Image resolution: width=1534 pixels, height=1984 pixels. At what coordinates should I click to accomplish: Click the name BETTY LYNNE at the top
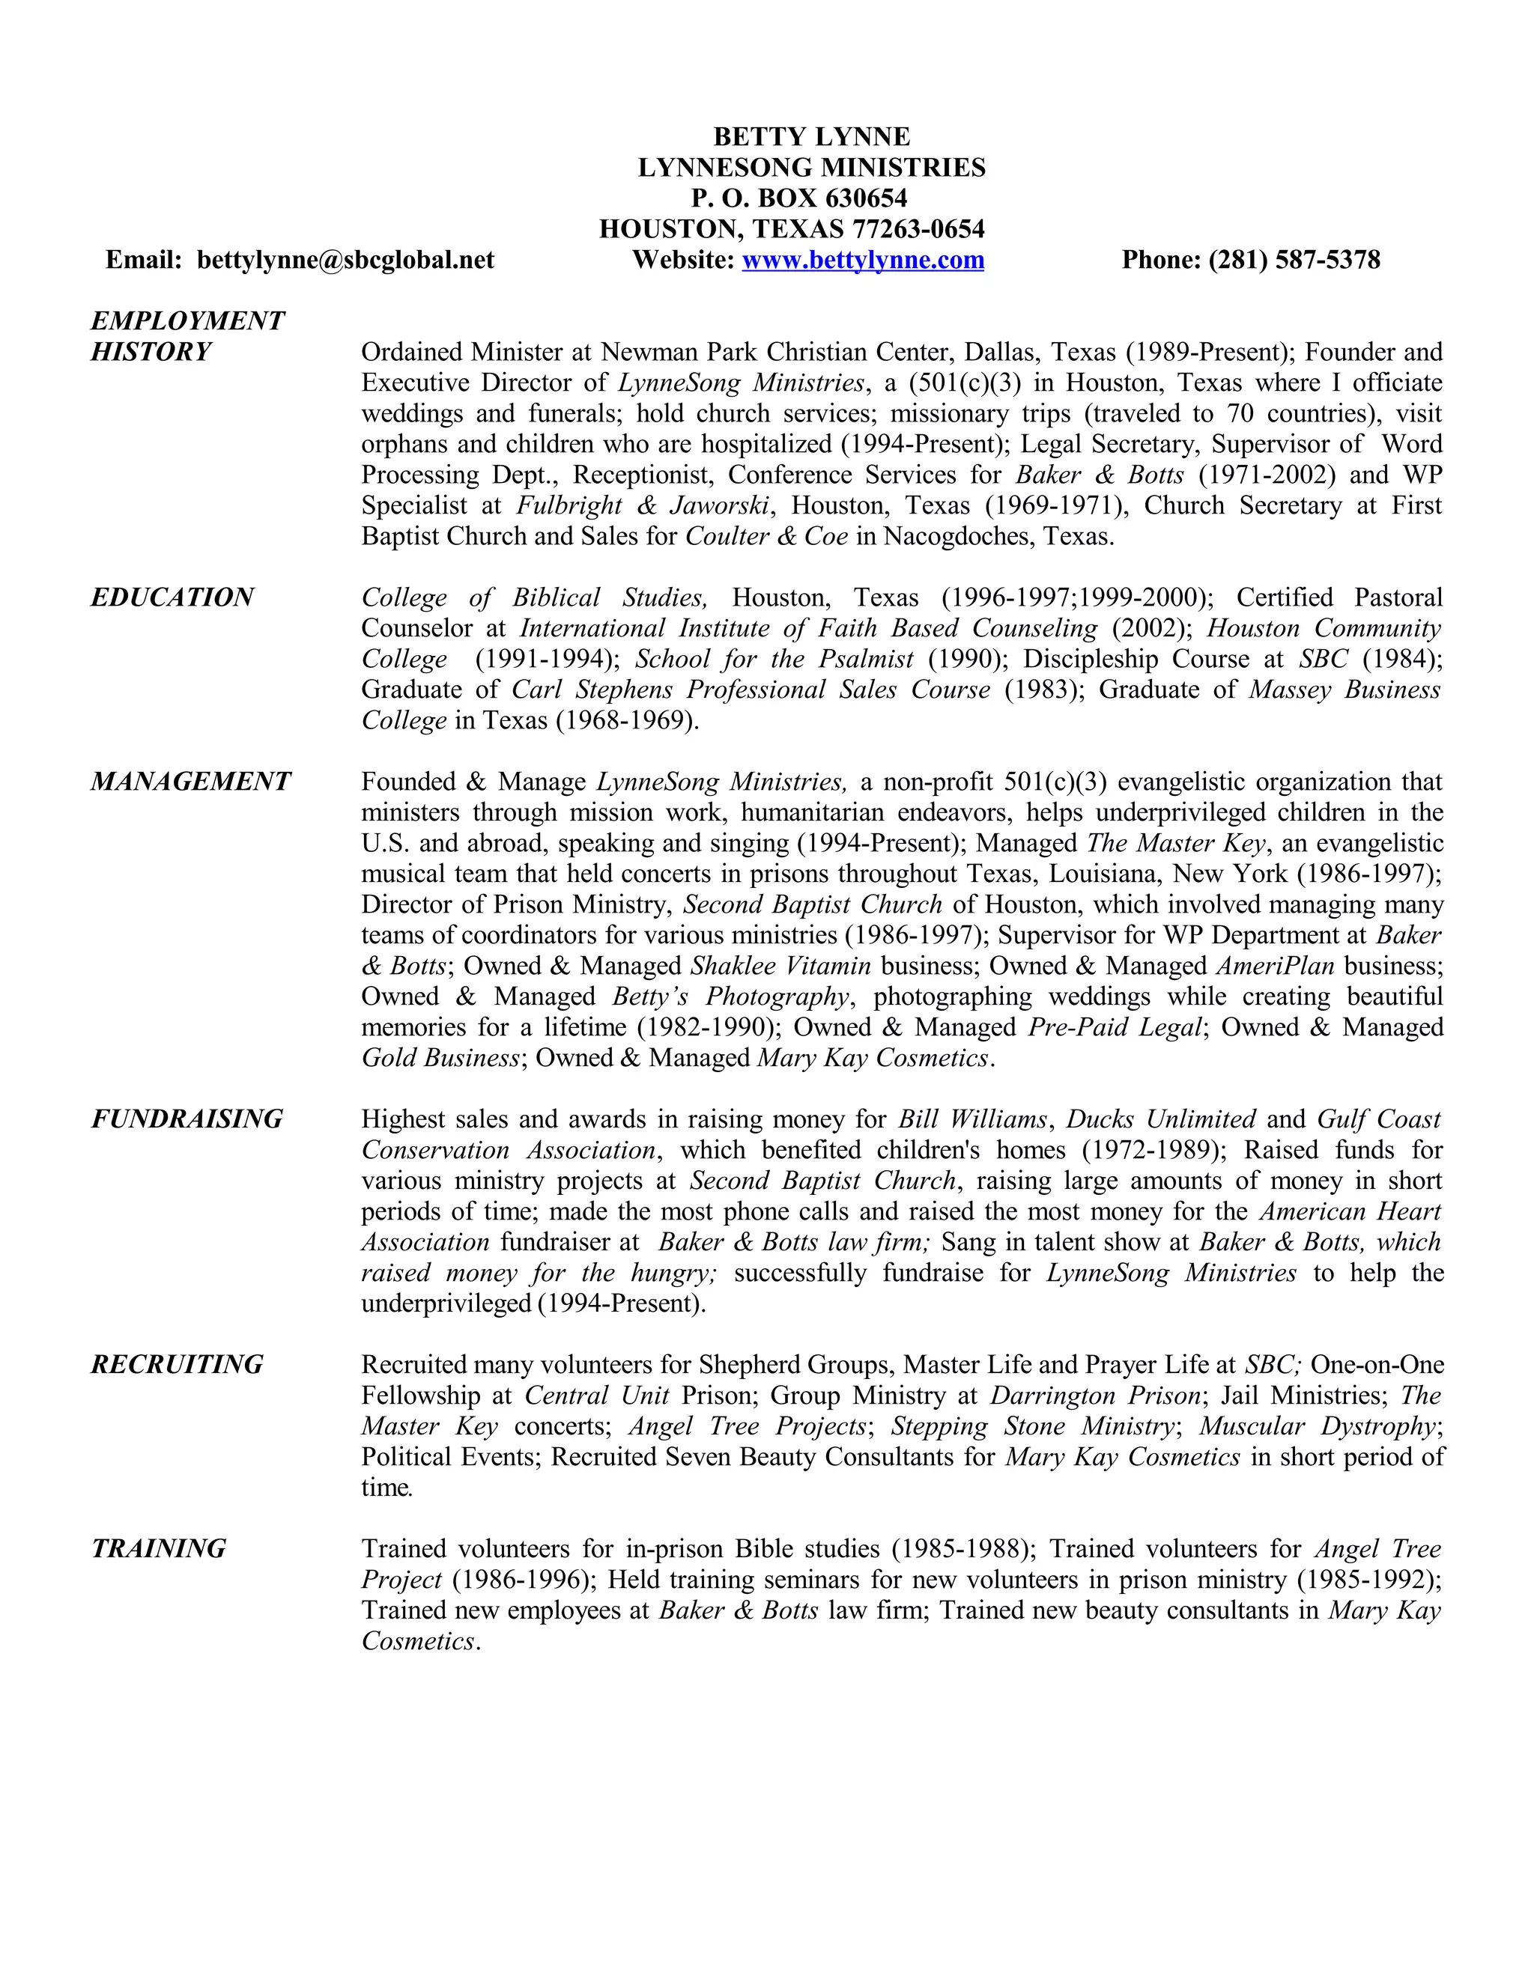coord(810,136)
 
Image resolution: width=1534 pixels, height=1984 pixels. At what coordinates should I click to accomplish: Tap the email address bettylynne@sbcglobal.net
coord(345,260)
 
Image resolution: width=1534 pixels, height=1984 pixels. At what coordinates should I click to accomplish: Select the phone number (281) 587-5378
coord(1294,260)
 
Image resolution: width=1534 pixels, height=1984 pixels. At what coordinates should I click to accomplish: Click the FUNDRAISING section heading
coord(187,1119)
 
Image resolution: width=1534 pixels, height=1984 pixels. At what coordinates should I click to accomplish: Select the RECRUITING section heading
coord(178,1363)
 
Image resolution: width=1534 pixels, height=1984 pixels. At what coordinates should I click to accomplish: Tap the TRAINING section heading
coord(159,1548)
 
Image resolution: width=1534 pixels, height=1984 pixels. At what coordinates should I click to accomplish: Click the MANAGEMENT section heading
coord(191,781)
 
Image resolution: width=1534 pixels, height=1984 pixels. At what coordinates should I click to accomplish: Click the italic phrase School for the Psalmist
coord(774,659)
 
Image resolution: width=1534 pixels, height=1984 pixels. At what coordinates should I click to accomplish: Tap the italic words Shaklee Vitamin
coord(780,966)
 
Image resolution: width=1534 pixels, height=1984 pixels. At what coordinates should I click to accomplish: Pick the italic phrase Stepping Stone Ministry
coord(1032,1425)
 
